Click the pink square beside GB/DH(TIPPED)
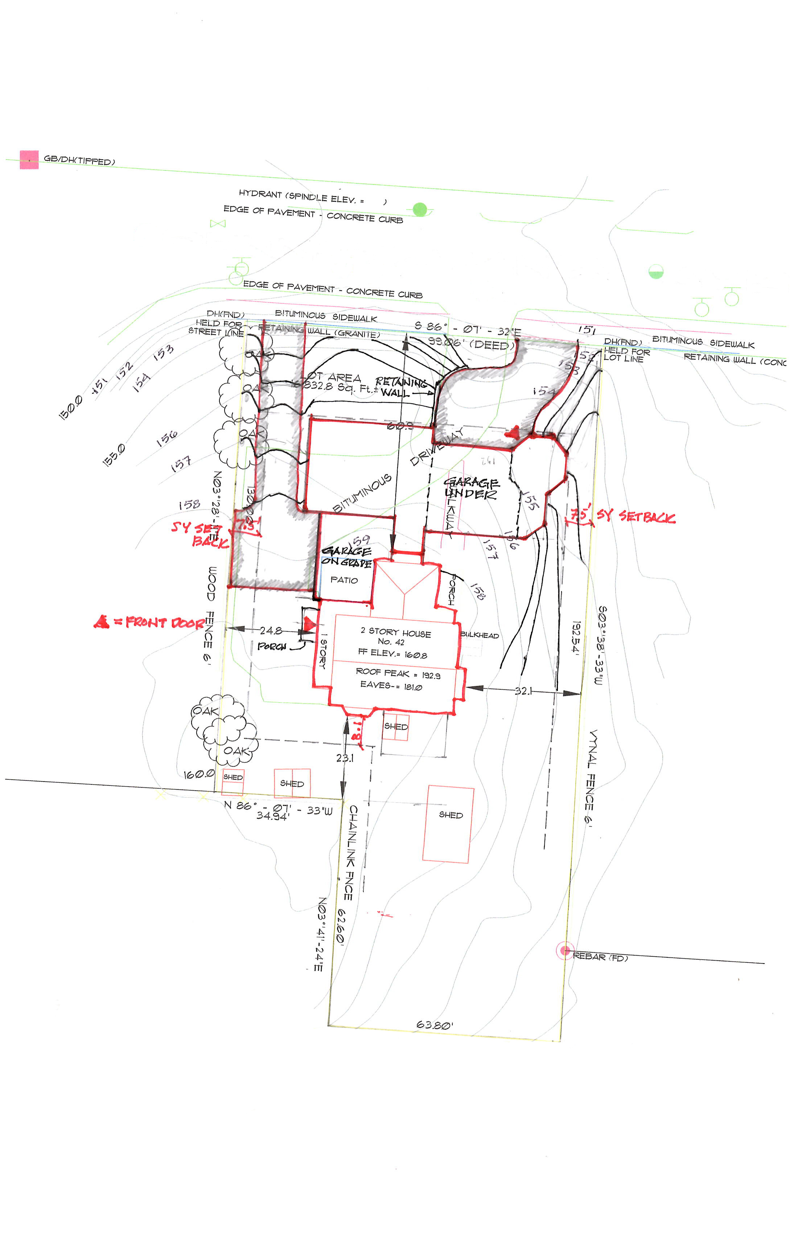[29, 160]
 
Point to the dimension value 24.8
[271, 631]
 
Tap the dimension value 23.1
[345, 758]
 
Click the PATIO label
[344, 580]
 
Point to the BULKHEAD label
[480, 635]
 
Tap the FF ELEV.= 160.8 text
[393, 654]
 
